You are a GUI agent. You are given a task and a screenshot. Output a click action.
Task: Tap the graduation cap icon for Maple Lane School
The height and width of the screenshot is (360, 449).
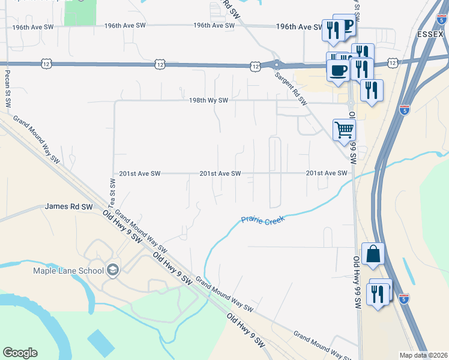[112, 270]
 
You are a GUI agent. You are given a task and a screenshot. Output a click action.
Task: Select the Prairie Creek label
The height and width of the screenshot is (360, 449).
[262, 220]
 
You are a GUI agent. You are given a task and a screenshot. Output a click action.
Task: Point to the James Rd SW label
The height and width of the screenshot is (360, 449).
[69, 206]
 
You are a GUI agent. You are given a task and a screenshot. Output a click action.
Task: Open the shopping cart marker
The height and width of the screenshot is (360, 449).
[344, 128]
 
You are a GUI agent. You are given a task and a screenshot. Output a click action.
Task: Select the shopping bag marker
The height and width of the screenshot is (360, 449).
[373, 253]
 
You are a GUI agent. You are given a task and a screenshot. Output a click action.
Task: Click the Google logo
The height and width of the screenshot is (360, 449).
[20, 353]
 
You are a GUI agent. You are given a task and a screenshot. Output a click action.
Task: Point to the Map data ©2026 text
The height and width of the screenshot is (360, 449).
[424, 355]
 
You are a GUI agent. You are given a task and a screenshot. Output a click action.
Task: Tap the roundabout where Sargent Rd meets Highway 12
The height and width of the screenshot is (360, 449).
[276, 64]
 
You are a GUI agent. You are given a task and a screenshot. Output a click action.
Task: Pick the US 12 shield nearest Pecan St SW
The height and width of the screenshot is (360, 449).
[46, 63]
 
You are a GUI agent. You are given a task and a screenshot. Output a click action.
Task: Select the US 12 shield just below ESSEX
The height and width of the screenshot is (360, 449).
[393, 62]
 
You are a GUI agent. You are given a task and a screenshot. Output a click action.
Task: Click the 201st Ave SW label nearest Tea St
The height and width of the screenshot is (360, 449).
[140, 173]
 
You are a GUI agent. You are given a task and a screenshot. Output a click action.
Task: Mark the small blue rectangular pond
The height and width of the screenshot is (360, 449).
[100, 342]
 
